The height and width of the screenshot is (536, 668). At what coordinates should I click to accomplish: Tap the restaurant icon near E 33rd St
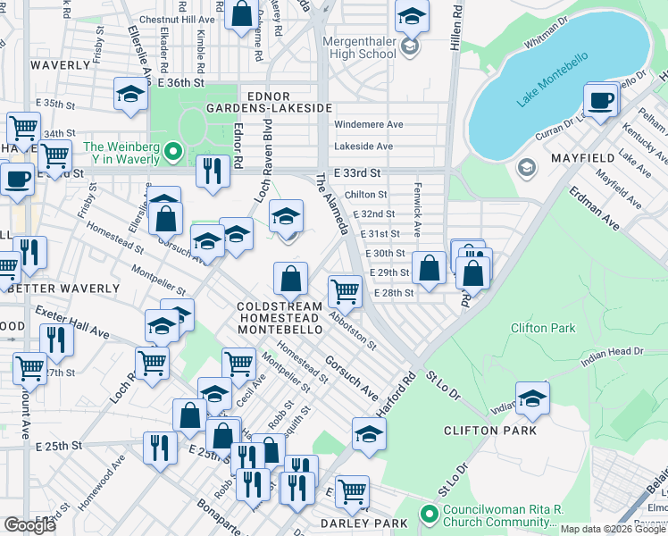tap(212, 172)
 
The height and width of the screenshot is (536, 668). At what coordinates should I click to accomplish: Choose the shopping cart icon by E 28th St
tap(345, 290)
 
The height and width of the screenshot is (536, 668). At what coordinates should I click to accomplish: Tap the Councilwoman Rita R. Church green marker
tap(429, 516)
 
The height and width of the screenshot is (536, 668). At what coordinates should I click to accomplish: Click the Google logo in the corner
tap(29, 525)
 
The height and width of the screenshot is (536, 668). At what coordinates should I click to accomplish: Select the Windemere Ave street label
tap(368, 125)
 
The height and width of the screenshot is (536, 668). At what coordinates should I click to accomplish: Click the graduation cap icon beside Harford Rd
tap(369, 434)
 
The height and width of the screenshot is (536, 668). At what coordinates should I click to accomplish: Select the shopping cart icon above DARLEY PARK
tap(353, 490)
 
